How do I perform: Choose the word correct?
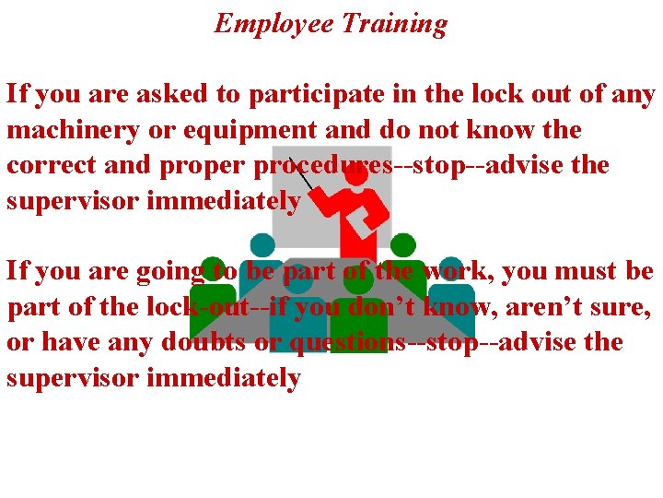point(48,165)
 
